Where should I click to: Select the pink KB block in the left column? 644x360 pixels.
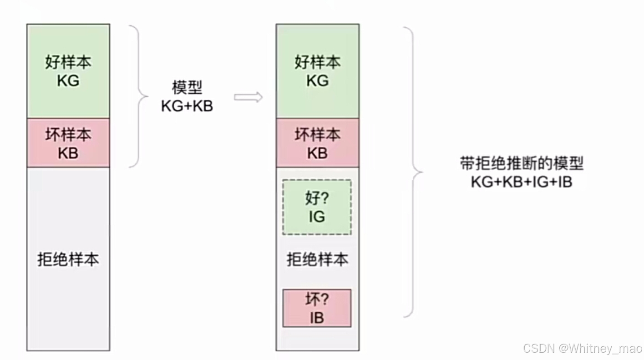68,143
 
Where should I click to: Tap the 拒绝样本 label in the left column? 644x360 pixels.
68,259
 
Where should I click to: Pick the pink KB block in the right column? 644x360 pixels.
317,143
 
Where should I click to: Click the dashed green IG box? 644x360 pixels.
317,207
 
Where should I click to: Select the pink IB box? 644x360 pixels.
317,308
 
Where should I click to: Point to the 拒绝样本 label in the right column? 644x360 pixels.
317,259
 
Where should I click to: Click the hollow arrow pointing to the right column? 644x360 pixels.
248,97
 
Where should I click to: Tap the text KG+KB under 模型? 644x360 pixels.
187,106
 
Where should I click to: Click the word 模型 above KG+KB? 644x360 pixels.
187,88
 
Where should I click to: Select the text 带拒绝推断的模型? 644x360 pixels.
522,163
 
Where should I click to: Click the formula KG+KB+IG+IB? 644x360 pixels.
522,182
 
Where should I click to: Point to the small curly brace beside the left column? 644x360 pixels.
139,96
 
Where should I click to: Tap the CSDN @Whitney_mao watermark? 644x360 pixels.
582,349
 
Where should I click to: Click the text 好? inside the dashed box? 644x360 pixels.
317,198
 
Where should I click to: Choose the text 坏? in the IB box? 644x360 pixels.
317,299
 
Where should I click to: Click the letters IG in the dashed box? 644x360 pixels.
317,217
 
